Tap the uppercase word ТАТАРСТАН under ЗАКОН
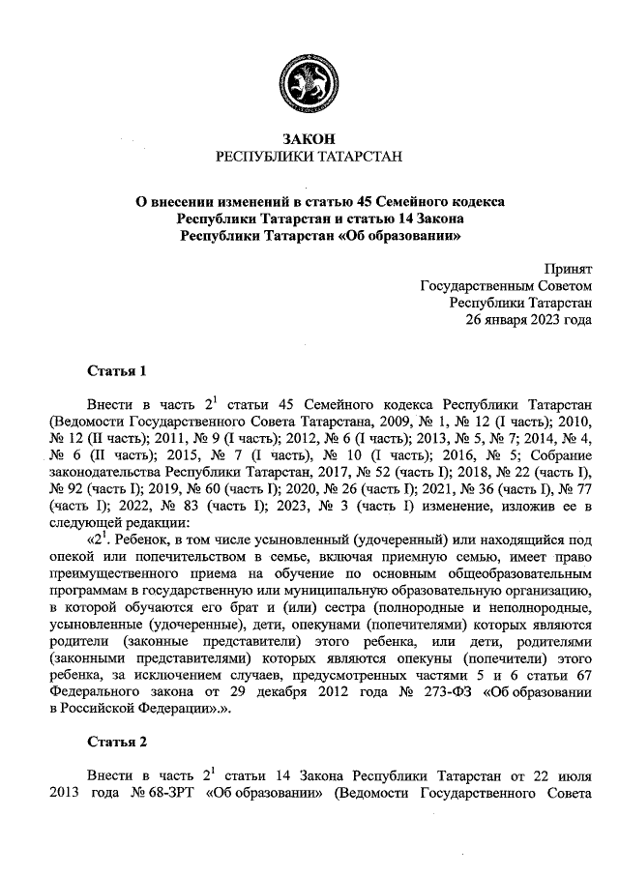pyautogui.click(x=353, y=157)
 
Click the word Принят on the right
pyautogui.click(x=569, y=270)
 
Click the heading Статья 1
pyautogui.click(x=116, y=370)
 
